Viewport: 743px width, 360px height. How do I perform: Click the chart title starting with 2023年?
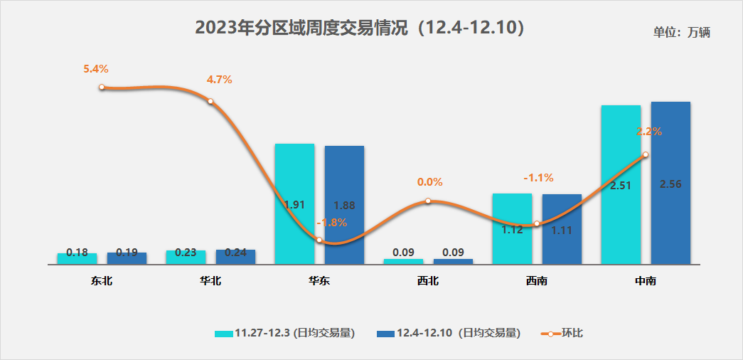pyautogui.click(x=360, y=28)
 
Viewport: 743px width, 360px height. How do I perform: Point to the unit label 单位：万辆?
pyautogui.click(x=682, y=32)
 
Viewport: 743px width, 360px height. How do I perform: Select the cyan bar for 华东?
pyautogui.click(x=294, y=178)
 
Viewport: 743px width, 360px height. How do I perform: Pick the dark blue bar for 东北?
pyautogui.click(x=127, y=258)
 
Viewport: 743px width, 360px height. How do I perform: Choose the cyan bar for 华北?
pyautogui.click(x=186, y=257)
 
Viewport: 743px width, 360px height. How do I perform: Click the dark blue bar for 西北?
pyautogui.click(x=453, y=261)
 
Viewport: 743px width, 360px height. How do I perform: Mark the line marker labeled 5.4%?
pyautogui.click(x=102, y=87)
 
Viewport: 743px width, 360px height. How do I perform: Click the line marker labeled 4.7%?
pyautogui.click(x=210, y=101)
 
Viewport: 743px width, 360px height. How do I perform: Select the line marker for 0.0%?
pyautogui.click(x=428, y=201)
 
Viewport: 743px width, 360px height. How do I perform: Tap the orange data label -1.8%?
pyautogui.click(x=332, y=222)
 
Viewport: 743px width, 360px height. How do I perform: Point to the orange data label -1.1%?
pyautogui.click(x=538, y=178)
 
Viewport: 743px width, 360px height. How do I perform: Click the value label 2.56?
pyautogui.click(x=670, y=184)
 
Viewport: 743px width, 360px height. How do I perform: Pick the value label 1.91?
pyautogui.click(x=294, y=205)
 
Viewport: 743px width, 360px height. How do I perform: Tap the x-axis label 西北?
pyautogui.click(x=428, y=281)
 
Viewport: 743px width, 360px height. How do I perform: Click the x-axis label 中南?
pyautogui.click(x=646, y=281)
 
